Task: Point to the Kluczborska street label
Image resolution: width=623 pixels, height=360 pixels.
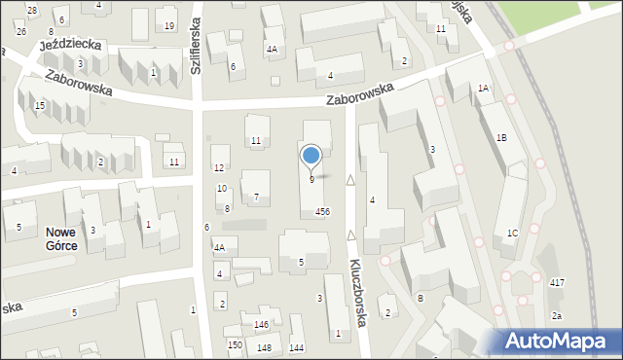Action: point(358,291)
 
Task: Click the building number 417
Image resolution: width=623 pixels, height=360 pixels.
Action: point(557,282)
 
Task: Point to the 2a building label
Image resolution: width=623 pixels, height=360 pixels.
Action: point(557,316)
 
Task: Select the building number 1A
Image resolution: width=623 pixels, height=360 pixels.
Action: point(483,89)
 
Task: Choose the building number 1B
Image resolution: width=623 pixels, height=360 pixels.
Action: point(501,138)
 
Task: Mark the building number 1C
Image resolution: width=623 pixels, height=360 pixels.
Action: point(512,234)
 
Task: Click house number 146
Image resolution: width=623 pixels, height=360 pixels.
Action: point(262,324)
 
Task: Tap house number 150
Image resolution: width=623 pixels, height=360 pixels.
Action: point(235,344)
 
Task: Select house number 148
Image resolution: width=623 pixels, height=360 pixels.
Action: point(265,347)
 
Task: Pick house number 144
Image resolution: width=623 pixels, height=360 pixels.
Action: point(296,347)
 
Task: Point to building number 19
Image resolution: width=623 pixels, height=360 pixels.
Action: point(169,25)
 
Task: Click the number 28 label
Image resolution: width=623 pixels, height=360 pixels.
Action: point(32,10)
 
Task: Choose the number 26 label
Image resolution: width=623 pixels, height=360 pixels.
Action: point(21,30)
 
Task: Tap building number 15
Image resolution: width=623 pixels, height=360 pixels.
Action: point(39,105)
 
